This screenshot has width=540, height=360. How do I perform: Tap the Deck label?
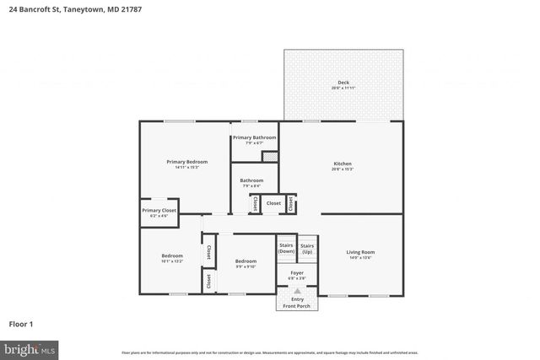tap(343, 83)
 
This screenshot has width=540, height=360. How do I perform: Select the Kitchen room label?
tap(343, 164)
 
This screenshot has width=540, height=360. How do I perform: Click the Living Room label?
tap(360, 252)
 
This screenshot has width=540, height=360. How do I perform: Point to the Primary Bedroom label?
tap(186, 161)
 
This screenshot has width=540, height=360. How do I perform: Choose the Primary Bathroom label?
tap(254, 137)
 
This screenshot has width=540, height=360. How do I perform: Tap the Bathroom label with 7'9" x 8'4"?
tap(251, 180)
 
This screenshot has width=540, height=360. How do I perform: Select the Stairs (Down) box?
tap(287, 248)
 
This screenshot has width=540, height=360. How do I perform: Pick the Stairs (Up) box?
tap(307, 248)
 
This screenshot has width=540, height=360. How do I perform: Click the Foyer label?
tap(297, 273)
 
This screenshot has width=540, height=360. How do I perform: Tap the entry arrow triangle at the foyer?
tap(297, 289)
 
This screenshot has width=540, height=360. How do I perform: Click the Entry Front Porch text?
tap(297, 302)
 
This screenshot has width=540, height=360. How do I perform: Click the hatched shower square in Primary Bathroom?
tap(269, 156)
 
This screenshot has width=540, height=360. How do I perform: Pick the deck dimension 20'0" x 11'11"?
tap(343, 89)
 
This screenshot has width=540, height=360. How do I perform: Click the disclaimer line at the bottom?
tap(269, 352)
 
